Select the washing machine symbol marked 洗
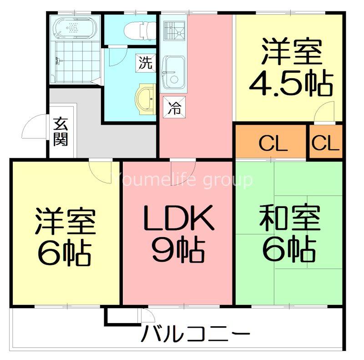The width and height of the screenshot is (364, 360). coord(145,63)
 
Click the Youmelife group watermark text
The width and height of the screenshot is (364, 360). coord(182,180)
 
